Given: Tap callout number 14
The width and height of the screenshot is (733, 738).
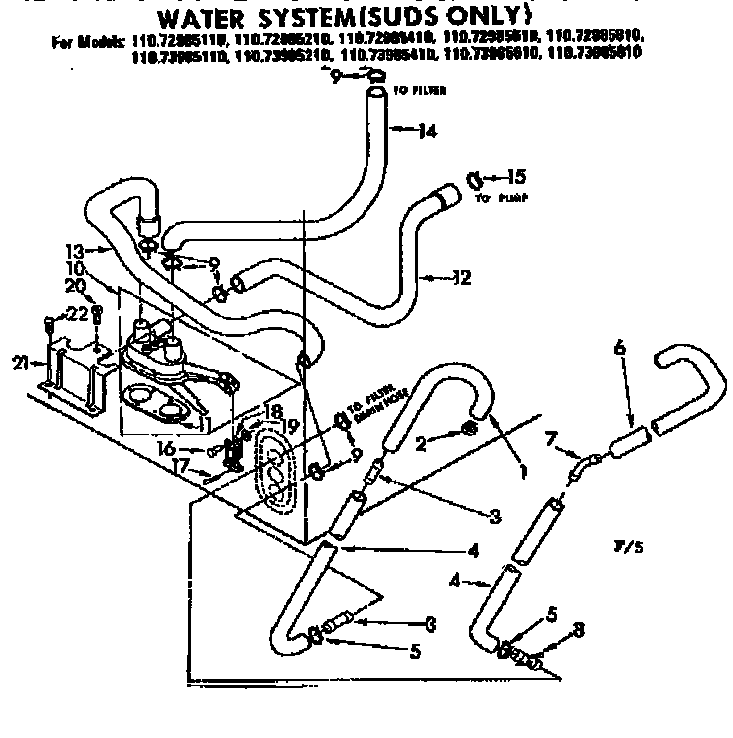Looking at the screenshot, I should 427,128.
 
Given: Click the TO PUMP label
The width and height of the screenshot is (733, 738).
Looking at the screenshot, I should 498,198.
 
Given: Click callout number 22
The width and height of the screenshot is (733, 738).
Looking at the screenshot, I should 78,314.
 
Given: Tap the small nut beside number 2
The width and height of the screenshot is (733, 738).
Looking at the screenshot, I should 469,430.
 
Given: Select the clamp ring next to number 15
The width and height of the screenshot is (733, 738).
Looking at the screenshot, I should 474,179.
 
